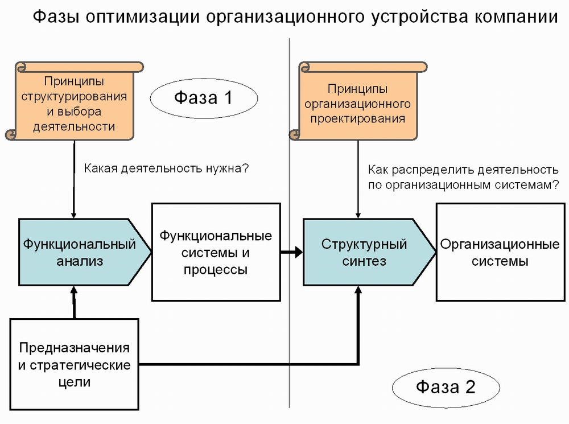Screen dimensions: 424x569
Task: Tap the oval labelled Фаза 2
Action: [x=446, y=388]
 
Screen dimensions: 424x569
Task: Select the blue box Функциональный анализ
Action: [x=80, y=252]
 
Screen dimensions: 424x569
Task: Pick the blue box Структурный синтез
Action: [x=364, y=252]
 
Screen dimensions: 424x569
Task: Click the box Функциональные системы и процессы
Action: [x=216, y=252]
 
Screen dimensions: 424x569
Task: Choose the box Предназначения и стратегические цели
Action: [x=75, y=364]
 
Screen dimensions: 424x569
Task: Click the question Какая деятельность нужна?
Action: [x=167, y=168]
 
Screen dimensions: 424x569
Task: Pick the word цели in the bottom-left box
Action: [x=75, y=381]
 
